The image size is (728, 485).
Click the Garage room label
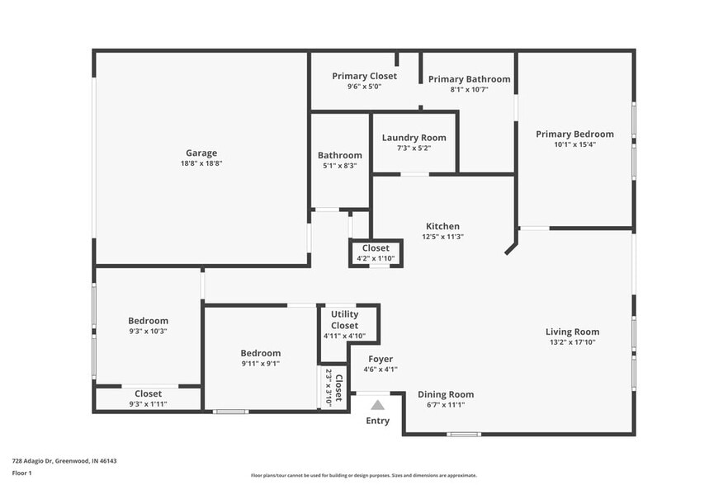(201, 153)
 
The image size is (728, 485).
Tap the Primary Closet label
(364, 76)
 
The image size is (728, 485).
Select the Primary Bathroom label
(469, 79)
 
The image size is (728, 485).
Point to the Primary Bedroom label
(574, 134)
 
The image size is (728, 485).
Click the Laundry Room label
(414, 138)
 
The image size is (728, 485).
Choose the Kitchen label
(442, 226)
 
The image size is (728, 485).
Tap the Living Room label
(572, 332)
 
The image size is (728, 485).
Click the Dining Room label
(446, 394)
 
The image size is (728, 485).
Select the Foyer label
(381, 359)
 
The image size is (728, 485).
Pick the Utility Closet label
(344, 319)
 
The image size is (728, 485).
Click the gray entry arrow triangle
(377, 405)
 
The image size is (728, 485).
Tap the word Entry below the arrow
(377, 421)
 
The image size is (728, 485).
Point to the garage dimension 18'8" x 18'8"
(201, 163)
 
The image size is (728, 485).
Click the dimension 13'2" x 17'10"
(572, 342)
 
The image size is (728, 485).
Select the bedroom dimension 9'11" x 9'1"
(261, 364)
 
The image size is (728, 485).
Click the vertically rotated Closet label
(338, 387)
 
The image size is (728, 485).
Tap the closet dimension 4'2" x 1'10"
(376, 258)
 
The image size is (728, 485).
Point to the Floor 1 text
(21, 473)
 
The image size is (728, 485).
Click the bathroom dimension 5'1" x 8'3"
(339, 166)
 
